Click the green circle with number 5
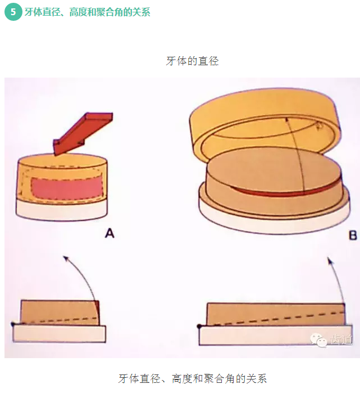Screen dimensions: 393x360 (x=12, y=12)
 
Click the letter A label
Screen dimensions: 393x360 (x=110, y=233)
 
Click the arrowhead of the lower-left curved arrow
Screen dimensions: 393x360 (x=65, y=259)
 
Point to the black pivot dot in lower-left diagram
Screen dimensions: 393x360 (x=12, y=324)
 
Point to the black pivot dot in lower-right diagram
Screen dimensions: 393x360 (x=199, y=326)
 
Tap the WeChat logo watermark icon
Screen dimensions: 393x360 (x=318, y=340)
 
